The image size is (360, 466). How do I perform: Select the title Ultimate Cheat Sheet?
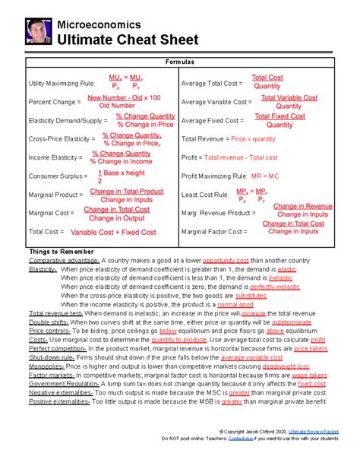pyautogui.click(x=128, y=38)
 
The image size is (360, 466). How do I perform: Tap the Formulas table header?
pyautogui.click(x=179, y=62)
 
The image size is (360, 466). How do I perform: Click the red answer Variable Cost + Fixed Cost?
pyautogui.click(x=114, y=232)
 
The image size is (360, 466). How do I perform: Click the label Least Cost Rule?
pyautogui.click(x=207, y=195)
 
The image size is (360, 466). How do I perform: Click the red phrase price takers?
pyautogui.click(x=311, y=349)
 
